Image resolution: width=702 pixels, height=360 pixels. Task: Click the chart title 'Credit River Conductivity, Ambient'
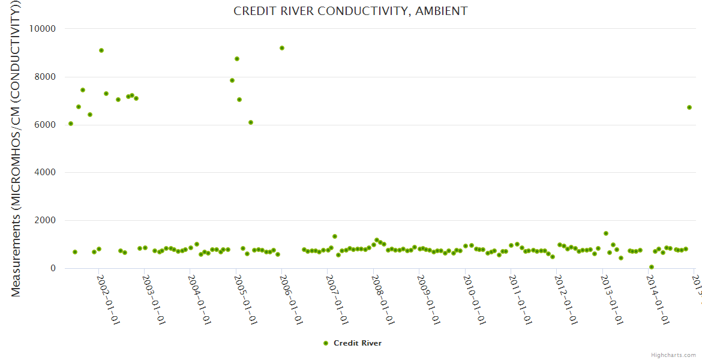[x=350, y=11]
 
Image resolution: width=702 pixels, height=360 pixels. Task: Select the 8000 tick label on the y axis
[x=44, y=77]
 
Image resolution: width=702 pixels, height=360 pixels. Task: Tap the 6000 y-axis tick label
[x=44, y=125]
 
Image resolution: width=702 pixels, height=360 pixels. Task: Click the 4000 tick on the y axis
[x=44, y=173]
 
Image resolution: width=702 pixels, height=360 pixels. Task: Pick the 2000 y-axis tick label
[x=44, y=221]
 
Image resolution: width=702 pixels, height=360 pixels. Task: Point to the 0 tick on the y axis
[x=52, y=268]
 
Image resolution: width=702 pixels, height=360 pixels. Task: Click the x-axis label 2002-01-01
[x=109, y=299]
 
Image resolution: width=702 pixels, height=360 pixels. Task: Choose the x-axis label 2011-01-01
[x=520, y=299]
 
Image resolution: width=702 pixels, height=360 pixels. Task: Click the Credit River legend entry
[x=352, y=343]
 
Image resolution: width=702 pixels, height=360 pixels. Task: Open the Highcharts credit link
[x=673, y=355]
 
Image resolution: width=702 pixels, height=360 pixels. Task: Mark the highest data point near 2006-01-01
[x=282, y=48]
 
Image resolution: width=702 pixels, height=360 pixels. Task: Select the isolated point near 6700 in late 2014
[x=689, y=107]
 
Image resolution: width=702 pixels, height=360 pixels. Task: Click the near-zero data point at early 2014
[x=652, y=267]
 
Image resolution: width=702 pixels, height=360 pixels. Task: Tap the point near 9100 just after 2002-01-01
[x=101, y=50]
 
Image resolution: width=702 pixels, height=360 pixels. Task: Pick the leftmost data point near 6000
[x=71, y=124]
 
